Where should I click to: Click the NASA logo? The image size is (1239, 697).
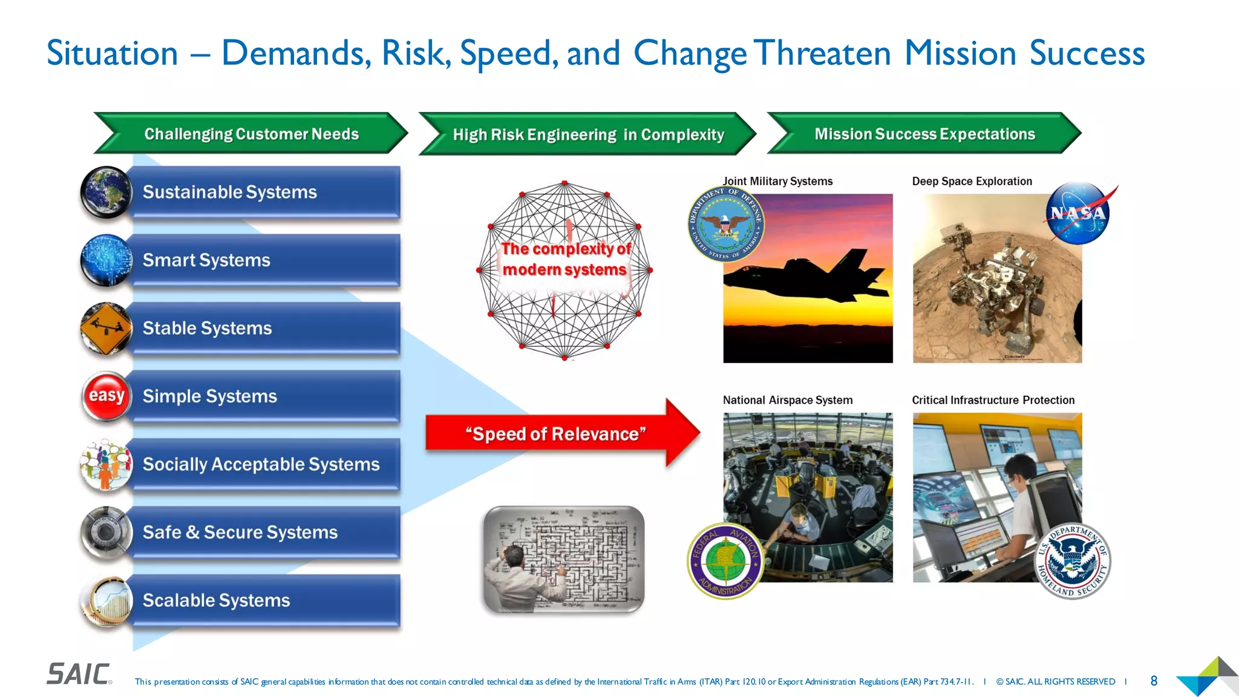(1079, 214)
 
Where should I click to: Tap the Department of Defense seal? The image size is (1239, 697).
(726, 224)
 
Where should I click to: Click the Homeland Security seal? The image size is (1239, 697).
(1073, 561)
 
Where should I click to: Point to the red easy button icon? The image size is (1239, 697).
(106, 396)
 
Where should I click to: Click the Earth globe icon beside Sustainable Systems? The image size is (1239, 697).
(106, 192)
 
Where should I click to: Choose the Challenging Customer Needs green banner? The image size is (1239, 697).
(251, 134)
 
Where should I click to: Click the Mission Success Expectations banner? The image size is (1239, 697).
(924, 134)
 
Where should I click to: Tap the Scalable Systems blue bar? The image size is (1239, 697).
(266, 600)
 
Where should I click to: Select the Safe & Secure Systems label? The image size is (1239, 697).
(240, 532)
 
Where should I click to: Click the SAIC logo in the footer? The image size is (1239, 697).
(79, 674)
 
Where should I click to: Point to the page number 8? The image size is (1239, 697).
(1154, 681)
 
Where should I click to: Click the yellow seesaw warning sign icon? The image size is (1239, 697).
(106, 328)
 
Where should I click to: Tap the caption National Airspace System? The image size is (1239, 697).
(788, 400)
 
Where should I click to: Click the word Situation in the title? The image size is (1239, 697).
(113, 53)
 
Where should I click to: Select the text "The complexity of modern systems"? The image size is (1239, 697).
(565, 259)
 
